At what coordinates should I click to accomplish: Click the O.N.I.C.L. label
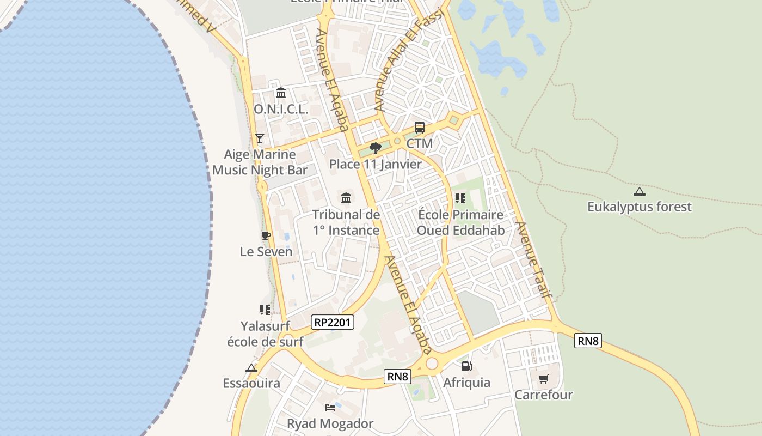[281, 109]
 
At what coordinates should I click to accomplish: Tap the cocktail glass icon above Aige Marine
[260, 138]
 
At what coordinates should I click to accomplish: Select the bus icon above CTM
[419, 128]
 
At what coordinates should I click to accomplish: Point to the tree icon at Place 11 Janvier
[375, 148]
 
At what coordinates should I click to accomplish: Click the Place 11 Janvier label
[375, 164]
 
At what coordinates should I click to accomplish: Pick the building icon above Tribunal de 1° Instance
[346, 198]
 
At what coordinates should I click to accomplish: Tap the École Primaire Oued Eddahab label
[460, 222]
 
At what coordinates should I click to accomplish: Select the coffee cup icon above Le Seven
[266, 235]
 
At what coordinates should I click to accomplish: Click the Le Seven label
[266, 252]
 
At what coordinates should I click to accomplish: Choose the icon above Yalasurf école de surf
[265, 310]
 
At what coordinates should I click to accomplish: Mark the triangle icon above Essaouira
[251, 368]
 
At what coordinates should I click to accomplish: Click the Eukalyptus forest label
[639, 207]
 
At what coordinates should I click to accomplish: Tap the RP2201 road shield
[333, 323]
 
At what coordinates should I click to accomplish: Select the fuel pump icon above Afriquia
[466, 366]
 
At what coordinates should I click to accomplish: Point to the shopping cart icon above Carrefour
[543, 379]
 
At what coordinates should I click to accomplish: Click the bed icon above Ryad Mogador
[330, 408]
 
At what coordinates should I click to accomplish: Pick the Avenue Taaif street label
[534, 261]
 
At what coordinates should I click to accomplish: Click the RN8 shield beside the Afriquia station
[397, 376]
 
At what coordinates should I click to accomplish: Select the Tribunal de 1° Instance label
[346, 222]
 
